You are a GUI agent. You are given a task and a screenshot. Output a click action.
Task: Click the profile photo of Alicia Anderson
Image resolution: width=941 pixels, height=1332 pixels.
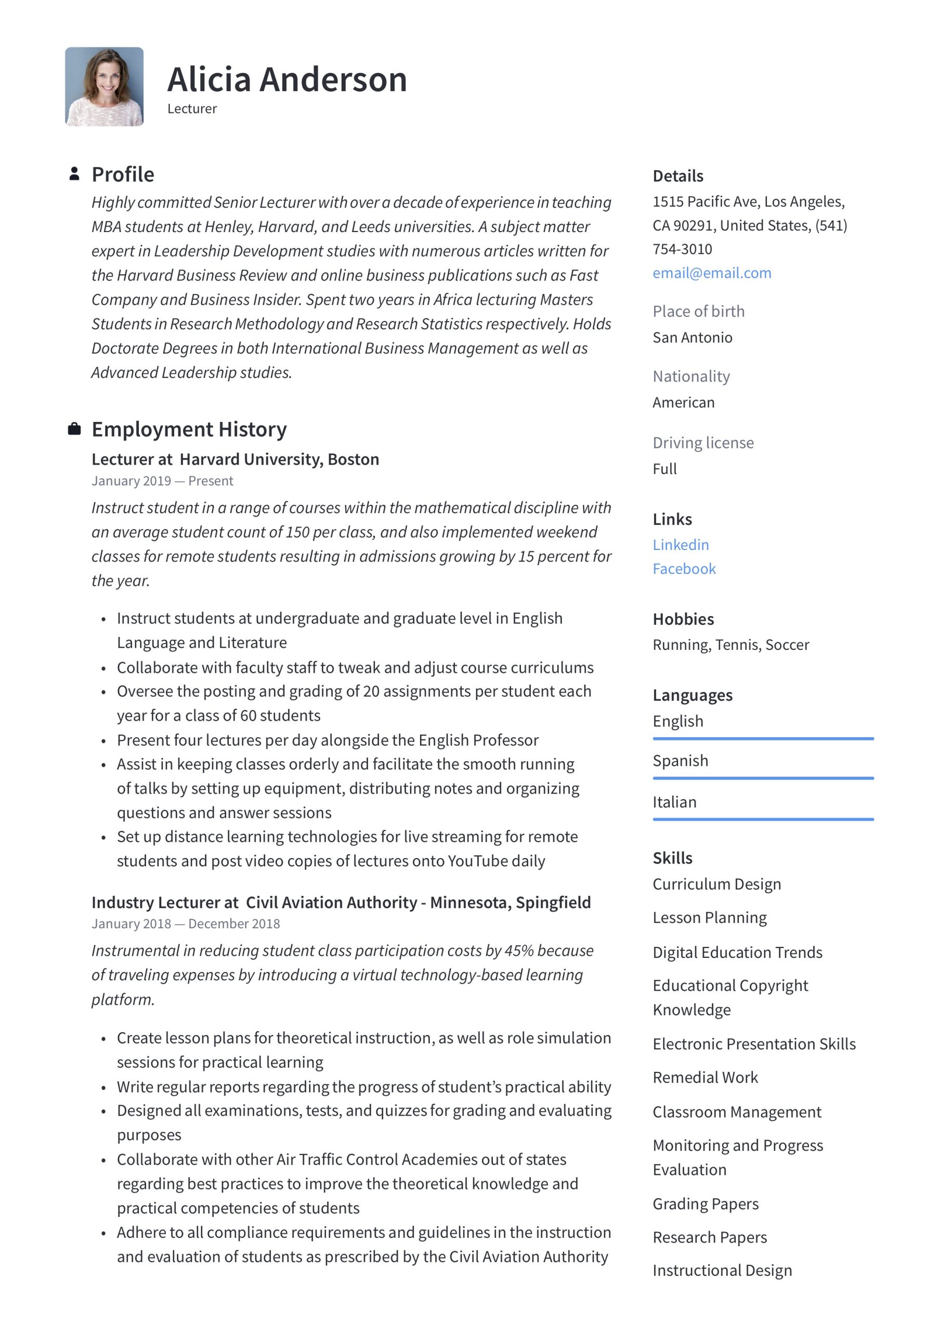[104, 86]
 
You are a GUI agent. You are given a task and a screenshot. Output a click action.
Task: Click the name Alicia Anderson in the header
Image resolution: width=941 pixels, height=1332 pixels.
[287, 80]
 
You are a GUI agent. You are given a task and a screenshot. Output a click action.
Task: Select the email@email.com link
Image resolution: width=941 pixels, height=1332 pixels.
[711, 273]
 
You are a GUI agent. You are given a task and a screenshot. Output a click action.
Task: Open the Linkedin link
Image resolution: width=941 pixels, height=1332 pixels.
[680, 545]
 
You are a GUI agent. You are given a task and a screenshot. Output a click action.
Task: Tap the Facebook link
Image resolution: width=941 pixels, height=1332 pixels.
[684, 569]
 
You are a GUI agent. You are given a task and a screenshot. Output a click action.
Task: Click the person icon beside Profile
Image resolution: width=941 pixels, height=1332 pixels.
[74, 174]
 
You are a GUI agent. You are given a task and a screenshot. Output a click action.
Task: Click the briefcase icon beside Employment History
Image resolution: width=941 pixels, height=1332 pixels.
[74, 429]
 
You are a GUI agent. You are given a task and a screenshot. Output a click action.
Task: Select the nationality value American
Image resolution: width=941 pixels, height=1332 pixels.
[683, 403]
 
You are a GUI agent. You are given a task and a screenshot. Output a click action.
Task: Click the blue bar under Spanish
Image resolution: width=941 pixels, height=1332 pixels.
[763, 778]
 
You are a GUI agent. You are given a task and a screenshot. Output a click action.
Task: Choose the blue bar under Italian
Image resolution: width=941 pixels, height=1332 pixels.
[763, 819]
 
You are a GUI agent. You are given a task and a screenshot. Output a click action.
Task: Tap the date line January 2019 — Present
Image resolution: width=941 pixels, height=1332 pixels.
[162, 481]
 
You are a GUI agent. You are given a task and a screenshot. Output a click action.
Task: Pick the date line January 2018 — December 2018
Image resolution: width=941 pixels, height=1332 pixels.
[186, 924]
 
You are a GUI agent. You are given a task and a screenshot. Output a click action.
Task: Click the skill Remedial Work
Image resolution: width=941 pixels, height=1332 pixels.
[704, 1078]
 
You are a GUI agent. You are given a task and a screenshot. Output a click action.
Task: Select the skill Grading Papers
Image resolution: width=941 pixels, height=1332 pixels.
[705, 1204]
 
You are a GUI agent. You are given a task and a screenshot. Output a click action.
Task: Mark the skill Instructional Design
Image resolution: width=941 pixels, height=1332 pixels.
[722, 1271]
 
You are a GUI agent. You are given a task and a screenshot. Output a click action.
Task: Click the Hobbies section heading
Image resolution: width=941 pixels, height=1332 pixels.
[683, 619]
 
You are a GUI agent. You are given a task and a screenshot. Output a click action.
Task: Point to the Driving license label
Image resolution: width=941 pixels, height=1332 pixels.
[703, 443]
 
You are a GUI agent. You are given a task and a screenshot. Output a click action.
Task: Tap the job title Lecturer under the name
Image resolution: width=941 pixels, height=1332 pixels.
[192, 109]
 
